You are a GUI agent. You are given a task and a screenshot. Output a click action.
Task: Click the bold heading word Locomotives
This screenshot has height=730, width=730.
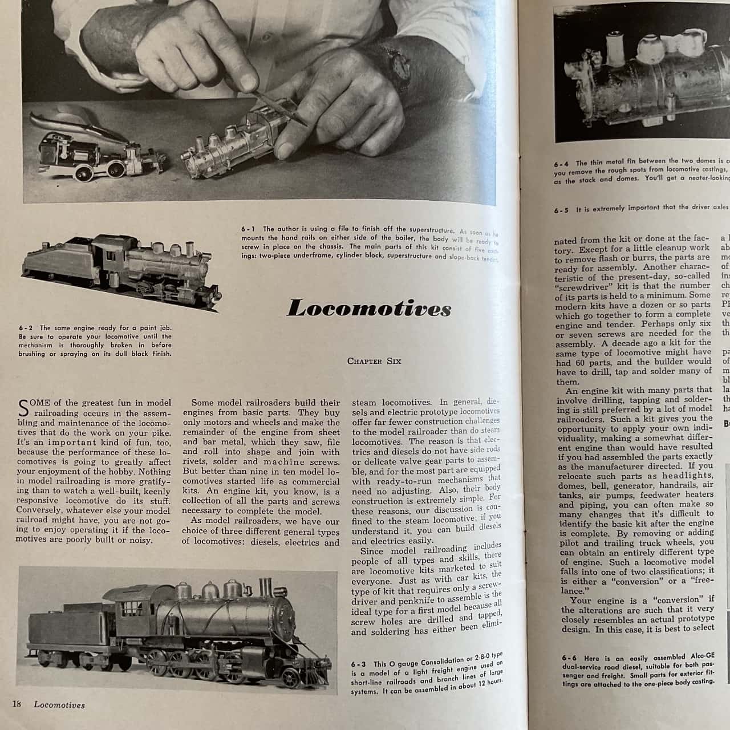click(x=368, y=309)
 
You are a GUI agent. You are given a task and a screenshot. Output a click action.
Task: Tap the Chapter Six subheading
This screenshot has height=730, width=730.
click(x=374, y=361)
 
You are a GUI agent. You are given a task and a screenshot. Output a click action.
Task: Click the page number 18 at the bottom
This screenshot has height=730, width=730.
click(x=17, y=704)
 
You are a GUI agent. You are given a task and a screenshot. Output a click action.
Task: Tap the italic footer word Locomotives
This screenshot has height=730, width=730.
click(x=59, y=705)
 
